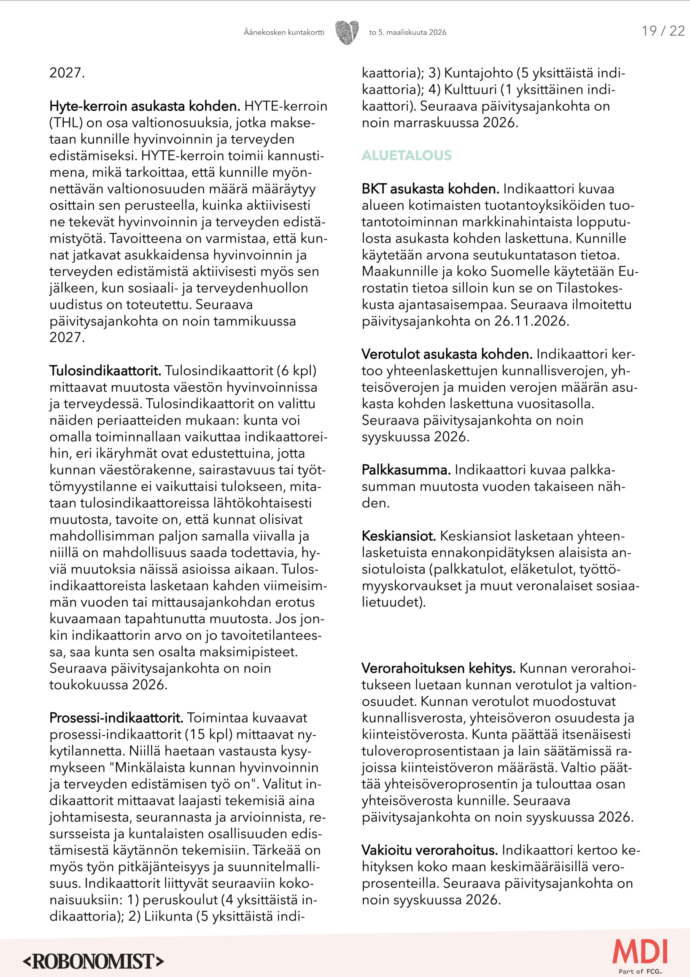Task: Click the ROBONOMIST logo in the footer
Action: pyautogui.click(x=94, y=961)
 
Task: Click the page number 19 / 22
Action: pyautogui.click(x=663, y=31)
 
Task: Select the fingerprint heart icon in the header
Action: pyautogui.click(x=347, y=32)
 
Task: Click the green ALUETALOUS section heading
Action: pyautogui.click(x=407, y=155)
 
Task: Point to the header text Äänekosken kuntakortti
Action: pyautogui.click(x=283, y=32)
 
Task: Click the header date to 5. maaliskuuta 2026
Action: pyautogui.click(x=407, y=32)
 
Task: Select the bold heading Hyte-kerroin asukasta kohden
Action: pyautogui.click(x=145, y=106)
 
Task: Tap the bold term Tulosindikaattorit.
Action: pyautogui.click(x=105, y=371)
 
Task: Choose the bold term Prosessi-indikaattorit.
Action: pyautogui.click(x=116, y=718)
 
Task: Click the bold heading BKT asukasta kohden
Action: pyautogui.click(x=430, y=189)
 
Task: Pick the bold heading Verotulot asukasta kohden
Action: pyautogui.click(x=447, y=354)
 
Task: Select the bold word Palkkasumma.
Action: pyautogui.click(x=406, y=470)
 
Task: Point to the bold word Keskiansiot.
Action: pyautogui.click(x=399, y=536)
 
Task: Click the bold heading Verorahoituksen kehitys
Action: pyautogui.click(x=438, y=668)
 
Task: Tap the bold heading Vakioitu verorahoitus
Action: pyautogui.click(x=429, y=850)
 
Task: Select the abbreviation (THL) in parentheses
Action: pyautogui.click(x=66, y=122)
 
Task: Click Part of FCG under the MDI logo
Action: pyautogui.click(x=640, y=971)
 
